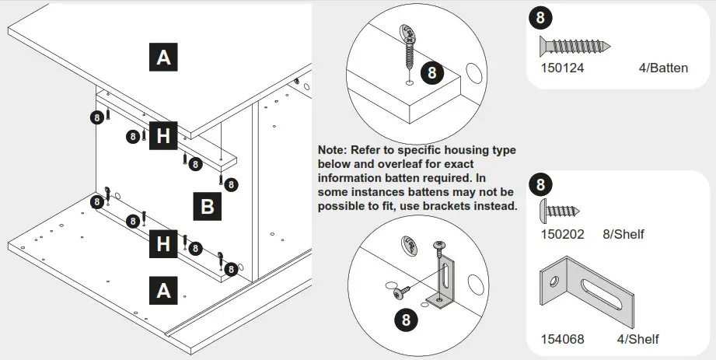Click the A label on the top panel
pyautogui.click(x=163, y=58)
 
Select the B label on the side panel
pyautogui.click(x=207, y=207)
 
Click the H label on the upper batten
pyautogui.click(x=162, y=137)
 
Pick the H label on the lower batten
pyautogui.click(x=162, y=244)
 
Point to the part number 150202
pyautogui.click(x=561, y=232)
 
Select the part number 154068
pyautogui.click(x=562, y=339)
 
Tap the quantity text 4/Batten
pyautogui.click(x=662, y=68)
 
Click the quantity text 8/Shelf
pyautogui.click(x=623, y=232)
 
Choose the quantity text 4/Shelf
pyautogui.click(x=637, y=339)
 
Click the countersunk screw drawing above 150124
pyautogui.click(x=575, y=46)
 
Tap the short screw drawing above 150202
pyautogui.click(x=561, y=210)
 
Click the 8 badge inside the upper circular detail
pyautogui.click(x=432, y=73)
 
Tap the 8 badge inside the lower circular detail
pyautogui.click(x=407, y=318)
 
